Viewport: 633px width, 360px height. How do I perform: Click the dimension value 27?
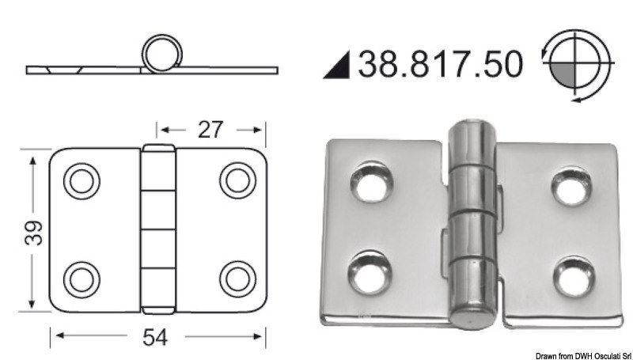(x=208, y=129)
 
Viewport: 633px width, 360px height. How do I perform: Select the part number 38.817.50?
(x=441, y=64)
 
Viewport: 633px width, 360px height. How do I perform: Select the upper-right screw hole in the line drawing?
(x=235, y=180)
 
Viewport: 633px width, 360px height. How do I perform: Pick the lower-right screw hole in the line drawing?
(x=235, y=278)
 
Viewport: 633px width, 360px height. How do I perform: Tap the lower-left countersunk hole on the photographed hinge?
(x=368, y=267)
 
